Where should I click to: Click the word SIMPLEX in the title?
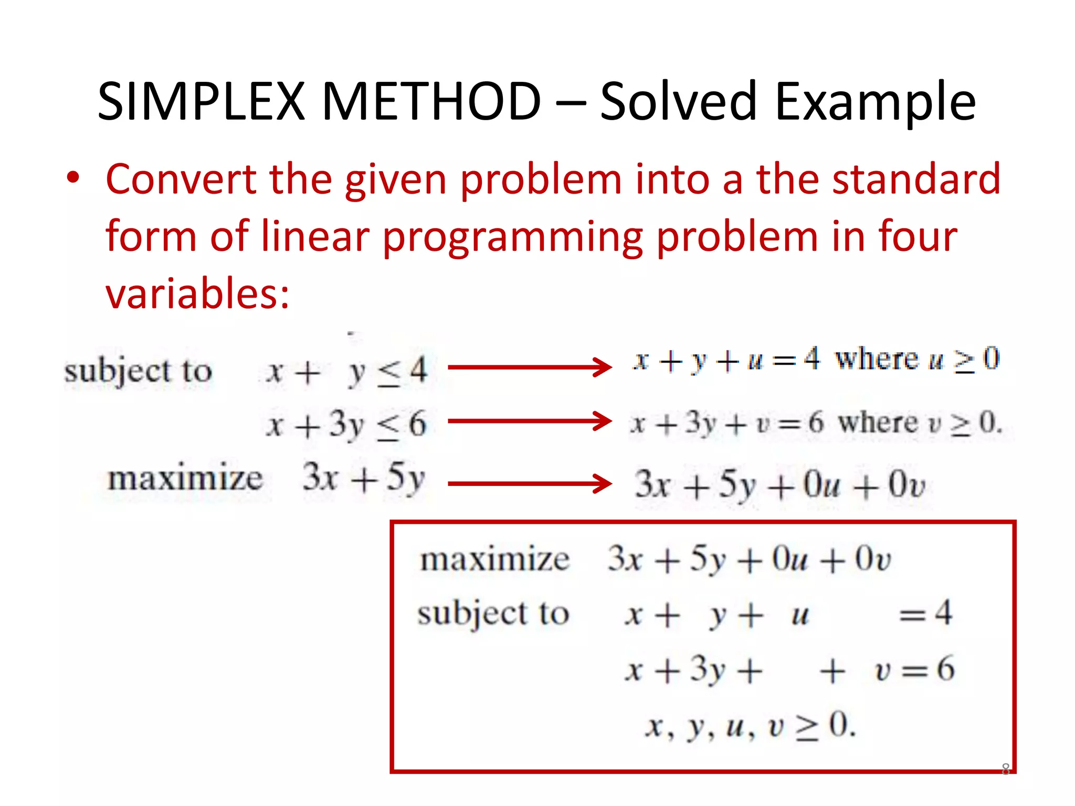(x=201, y=101)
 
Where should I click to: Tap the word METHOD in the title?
(x=431, y=101)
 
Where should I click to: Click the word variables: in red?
(x=197, y=294)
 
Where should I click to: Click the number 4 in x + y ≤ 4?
(x=418, y=370)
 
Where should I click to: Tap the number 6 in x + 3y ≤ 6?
(x=417, y=423)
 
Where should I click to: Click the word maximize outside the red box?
(x=185, y=479)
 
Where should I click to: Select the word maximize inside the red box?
(x=494, y=559)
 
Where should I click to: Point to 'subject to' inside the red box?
(x=493, y=614)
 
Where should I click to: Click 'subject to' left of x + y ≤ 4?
(x=138, y=372)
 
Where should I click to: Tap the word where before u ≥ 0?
(x=877, y=359)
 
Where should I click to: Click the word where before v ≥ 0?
(x=878, y=422)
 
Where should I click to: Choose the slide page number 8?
(x=1005, y=769)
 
